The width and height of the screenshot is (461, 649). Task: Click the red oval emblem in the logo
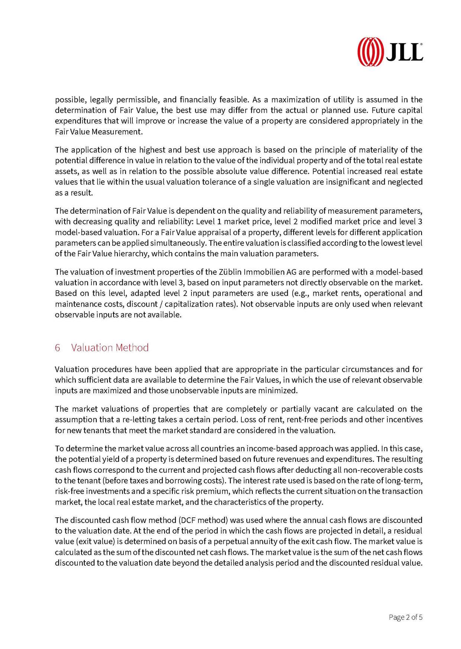[x=370, y=52]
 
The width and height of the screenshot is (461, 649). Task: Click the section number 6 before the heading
[x=58, y=348]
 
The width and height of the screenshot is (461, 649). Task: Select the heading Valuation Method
[x=110, y=348]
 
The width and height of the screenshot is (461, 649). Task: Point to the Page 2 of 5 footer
[x=405, y=617]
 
